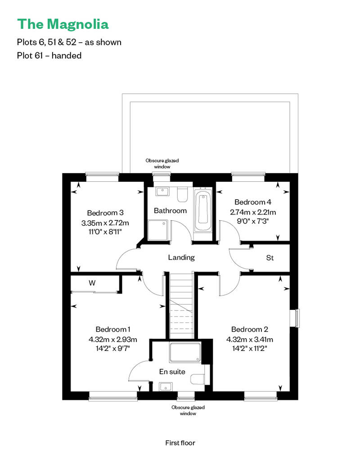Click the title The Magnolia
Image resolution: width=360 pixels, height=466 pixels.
(x=63, y=24)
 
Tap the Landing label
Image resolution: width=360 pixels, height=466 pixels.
(x=181, y=257)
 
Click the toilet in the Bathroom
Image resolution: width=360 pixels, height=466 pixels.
(x=182, y=194)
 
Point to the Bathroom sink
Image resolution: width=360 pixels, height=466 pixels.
(x=162, y=192)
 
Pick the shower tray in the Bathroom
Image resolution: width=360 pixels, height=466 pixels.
(x=158, y=230)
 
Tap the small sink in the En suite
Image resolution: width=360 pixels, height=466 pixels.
(x=166, y=387)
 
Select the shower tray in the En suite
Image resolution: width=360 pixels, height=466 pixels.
(x=185, y=353)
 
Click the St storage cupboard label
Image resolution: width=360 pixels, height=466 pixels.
(x=270, y=258)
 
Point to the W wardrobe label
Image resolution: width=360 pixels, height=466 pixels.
(x=92, y=283)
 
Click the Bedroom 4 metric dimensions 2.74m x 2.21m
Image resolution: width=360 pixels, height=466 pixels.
(x=253, y=212)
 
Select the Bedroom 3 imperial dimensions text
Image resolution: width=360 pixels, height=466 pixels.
(x=105, y=232)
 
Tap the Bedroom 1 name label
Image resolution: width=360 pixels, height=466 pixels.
(x=113, y=329)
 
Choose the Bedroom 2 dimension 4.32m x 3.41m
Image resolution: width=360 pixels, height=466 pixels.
(x=250, y=340)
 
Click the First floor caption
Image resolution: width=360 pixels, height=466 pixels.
(x=180, y=443)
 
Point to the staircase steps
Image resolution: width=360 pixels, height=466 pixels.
(x=181, y=305)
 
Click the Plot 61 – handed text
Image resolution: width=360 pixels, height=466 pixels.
(x=49, y=56)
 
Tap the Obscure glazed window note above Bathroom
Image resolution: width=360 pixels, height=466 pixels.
(x=162, y=163)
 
